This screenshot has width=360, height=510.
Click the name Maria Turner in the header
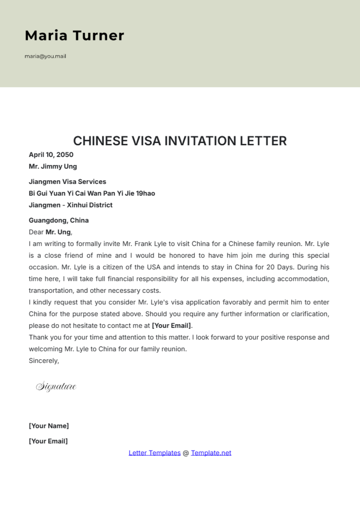[x=74, y=35]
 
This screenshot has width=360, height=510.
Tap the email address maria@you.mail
[x=45, y=56]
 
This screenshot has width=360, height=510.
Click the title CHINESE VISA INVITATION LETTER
[x=180, y=141]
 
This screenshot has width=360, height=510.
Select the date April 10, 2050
[x=51, y=155]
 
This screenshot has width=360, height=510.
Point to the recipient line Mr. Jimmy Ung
[x=53, y=166]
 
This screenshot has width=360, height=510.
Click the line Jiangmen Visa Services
[x=67, y=182]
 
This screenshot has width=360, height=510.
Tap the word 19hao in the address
[x=145, y=193]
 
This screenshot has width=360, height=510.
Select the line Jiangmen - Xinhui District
[x=70, y=205]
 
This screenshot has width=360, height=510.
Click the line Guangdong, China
[x=59, y=220]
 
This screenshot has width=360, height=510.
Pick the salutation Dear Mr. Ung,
[x=50, y=232]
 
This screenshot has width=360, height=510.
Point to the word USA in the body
[x=154, y=267]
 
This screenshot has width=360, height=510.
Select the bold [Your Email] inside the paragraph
[x=171, y=326]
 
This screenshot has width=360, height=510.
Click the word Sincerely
[x=44, y=361]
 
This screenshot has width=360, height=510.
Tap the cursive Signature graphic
[x=56, y=386]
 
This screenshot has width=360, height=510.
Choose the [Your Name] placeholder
[x=49, y=426]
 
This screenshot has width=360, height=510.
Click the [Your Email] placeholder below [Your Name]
[x=48, y=441]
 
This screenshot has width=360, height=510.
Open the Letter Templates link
[x=154, y=453]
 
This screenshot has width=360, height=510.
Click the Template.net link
[x=211, y=453]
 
